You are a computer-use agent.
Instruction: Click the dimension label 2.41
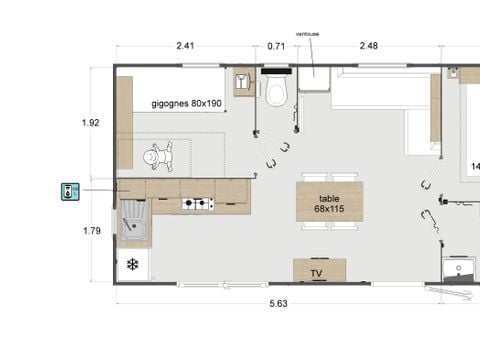185,45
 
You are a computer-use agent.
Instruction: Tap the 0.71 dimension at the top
276,45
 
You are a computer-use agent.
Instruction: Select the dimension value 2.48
368,45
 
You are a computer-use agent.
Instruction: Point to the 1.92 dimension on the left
91,123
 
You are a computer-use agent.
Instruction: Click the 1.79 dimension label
91,230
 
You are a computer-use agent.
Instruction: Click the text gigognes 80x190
186,104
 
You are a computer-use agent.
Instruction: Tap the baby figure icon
157,155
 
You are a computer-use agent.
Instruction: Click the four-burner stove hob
197,204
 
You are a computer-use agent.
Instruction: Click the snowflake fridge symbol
131,265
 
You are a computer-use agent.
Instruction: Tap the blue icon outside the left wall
69,192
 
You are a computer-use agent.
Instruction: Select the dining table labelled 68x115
329,203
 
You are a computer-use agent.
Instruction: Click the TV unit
319,271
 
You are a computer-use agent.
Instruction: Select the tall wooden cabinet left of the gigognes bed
125,123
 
